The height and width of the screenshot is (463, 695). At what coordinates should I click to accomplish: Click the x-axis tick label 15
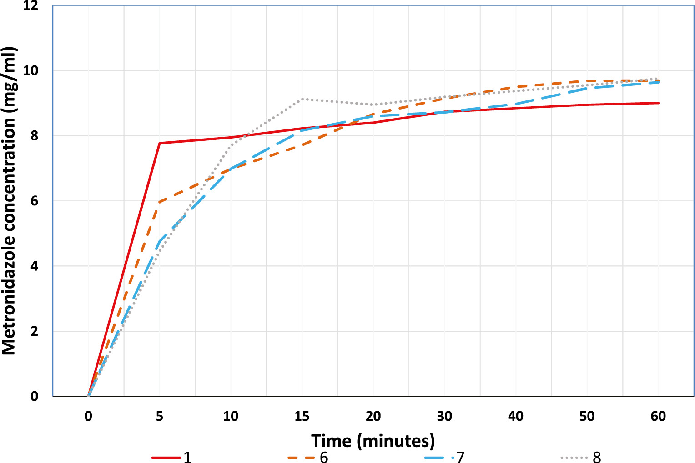point(302,416)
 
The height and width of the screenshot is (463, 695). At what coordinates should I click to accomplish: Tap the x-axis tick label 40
point(516,416)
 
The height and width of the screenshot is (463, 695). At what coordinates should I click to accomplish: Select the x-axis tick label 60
point(658,416)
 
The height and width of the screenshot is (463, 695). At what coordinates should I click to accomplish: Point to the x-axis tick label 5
point(160,416)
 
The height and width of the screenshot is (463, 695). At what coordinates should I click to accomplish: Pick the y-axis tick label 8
point(35,136)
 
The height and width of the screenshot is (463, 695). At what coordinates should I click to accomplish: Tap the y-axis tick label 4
point(35,266)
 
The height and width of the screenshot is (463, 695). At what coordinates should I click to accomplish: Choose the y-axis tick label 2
point(35,331)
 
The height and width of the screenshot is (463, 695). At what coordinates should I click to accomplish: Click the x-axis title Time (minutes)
point(373,441)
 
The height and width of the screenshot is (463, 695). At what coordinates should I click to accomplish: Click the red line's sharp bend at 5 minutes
point(160,143)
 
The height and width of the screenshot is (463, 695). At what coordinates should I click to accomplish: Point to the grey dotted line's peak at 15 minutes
point(302,99)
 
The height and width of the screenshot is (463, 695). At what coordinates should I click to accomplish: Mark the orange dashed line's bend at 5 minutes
point(160,202)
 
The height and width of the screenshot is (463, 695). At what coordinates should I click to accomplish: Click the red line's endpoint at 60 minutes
point(658,103)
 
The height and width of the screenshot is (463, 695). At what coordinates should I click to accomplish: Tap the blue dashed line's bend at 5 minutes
point(160,241)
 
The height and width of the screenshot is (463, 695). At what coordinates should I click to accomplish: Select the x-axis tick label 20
point(373,416)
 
